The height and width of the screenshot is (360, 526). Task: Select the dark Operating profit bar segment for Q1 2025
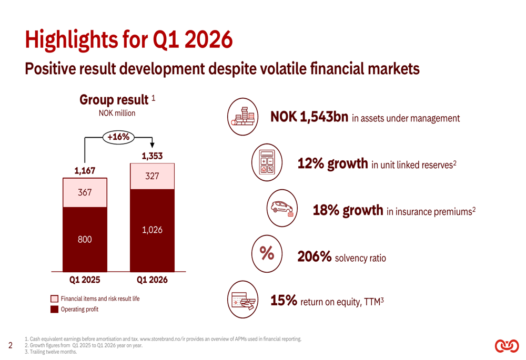coord(85,239)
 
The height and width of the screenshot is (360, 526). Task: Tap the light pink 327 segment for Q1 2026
coord(152,176)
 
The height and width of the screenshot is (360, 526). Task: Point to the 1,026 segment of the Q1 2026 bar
coord(152,230)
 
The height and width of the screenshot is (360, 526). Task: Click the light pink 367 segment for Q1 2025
coord(85,192)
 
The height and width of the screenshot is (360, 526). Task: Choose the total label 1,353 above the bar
coord(152,156)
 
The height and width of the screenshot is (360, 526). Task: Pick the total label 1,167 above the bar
coord(85,170)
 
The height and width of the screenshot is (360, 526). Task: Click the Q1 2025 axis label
coord(85,280)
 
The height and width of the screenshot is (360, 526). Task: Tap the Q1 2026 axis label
coord(152,280)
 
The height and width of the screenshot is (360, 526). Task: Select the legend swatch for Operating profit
coord(55,310)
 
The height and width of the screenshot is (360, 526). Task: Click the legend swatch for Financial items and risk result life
coord(55,299)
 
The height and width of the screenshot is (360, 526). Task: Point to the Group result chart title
coord(114,99)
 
